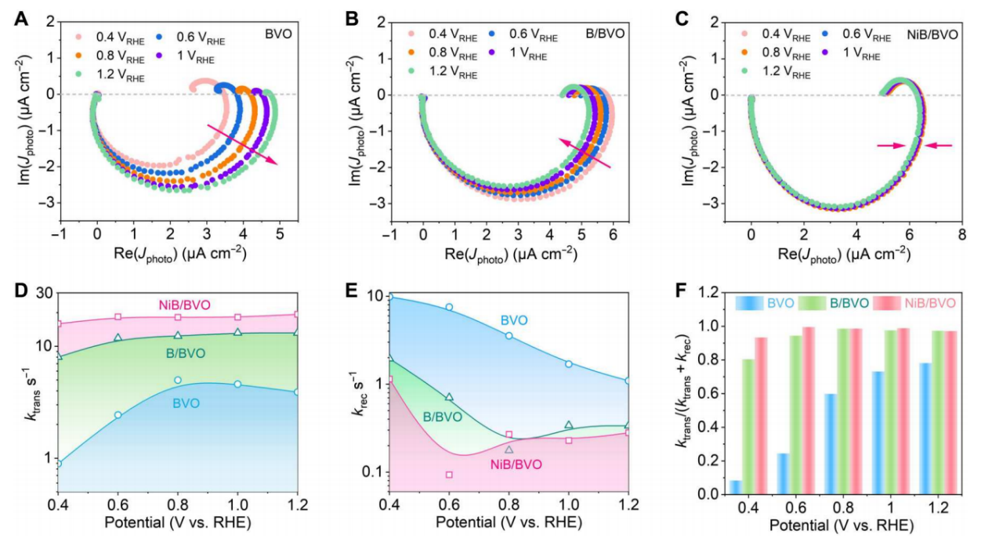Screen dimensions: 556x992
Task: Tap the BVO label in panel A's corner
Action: pyautogui.click(x=276, y=35)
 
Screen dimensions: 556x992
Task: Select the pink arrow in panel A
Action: pyautogui.click(x=242, y=143)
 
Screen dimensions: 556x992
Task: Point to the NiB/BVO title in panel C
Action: pyautogui.click(x=932, y=35)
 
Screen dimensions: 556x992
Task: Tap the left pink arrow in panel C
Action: pyautogui.click(x=894, y=145)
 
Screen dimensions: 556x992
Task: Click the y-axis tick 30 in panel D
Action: pyautogui.click(x=42, y=293)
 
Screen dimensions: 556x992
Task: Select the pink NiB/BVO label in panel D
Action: pyautogui.click(x=179, y=305)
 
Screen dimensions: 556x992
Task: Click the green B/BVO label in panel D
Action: pyautogui.click(x=185, y=354)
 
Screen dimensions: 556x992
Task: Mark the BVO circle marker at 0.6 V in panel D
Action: pyautogui.click(x=118, y=415)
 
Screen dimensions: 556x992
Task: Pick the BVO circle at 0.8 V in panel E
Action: pyautogui.click(x=509, y=335)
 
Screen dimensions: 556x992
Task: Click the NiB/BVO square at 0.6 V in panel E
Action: pyautogui.click(x=449, y=475)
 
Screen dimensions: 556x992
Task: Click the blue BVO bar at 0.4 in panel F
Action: pyautogui.click(x=736, y=486)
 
